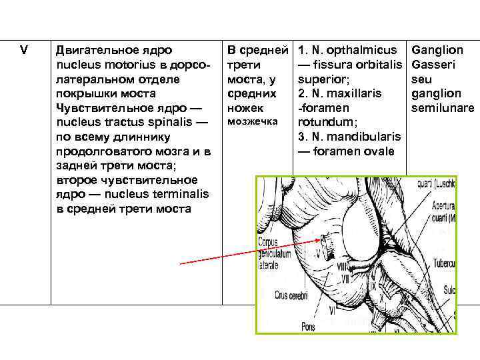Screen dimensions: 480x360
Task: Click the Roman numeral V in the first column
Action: [25, 50]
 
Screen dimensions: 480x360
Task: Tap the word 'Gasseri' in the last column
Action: [434, 65]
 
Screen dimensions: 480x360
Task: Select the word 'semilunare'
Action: [443, 108]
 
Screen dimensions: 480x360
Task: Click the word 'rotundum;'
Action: [319, 122]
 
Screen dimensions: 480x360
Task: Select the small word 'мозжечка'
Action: [253, 122]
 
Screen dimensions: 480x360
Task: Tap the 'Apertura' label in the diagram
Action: [443, 205]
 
